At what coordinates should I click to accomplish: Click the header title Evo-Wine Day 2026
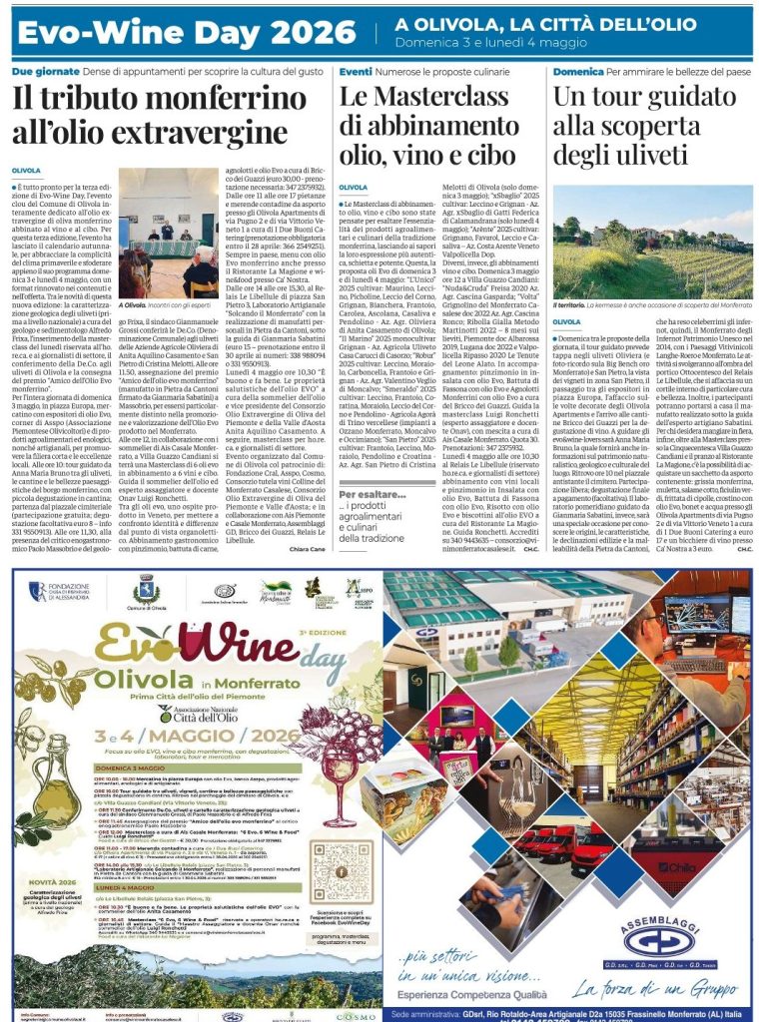[186, 33]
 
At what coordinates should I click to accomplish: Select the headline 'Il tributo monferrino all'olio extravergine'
[151, 115]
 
